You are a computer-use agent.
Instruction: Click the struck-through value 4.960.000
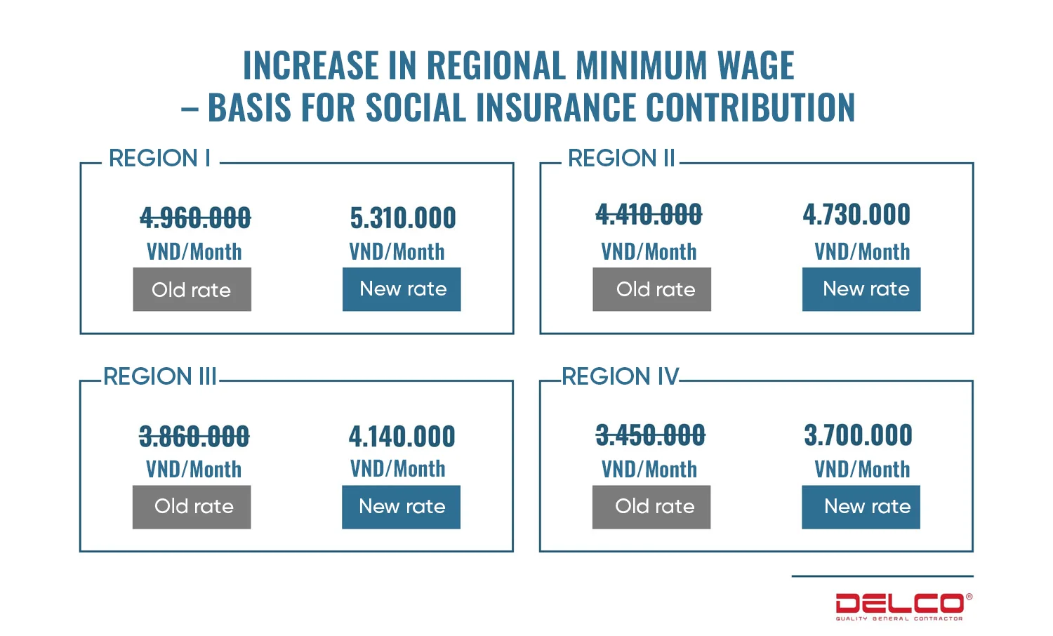195,218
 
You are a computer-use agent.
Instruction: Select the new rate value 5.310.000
403,218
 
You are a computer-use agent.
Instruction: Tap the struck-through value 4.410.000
649,214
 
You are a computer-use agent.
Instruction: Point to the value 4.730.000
856,214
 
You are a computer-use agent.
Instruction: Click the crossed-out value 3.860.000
194,436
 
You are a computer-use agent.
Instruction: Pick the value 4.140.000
402,436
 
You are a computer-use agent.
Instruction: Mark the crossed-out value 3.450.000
650,435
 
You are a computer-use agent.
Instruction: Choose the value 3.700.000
858,435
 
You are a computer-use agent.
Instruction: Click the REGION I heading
159,159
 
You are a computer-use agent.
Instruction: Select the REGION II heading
621,159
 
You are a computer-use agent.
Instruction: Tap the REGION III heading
159,377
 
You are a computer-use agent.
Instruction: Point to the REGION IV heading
621,377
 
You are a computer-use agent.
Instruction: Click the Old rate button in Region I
192,289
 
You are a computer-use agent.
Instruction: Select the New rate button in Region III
402,507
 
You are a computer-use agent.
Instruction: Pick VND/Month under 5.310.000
397,251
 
